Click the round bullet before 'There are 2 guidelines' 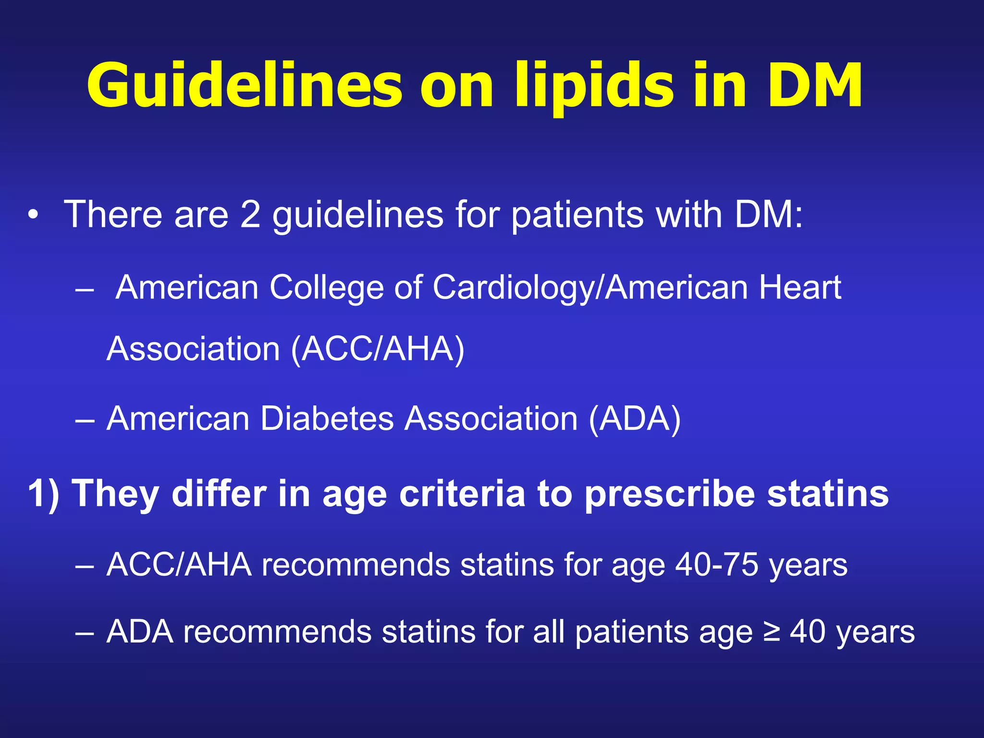32,215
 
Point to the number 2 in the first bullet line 250,215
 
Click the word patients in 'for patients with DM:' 577,215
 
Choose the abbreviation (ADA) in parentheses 635,418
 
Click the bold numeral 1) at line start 44,493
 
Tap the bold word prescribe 670,493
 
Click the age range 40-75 716,565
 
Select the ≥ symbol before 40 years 772,631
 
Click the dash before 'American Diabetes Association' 85,419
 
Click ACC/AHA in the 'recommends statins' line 179,565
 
